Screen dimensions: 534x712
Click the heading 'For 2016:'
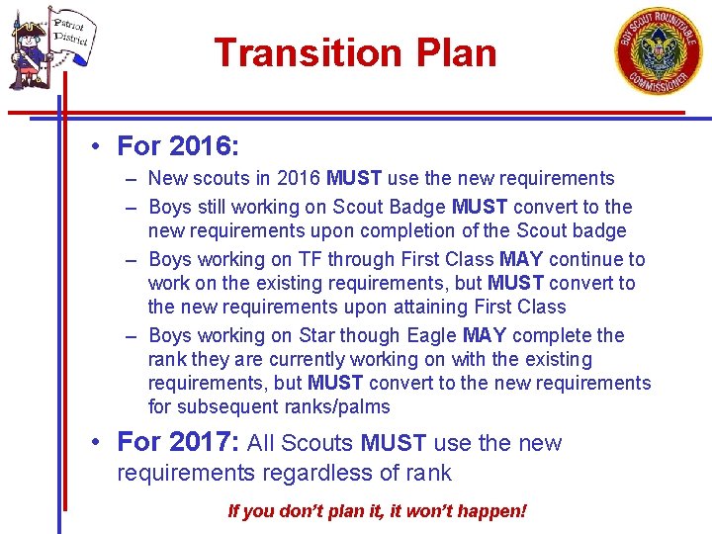point(178,147)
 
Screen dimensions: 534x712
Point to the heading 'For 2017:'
point(178,442)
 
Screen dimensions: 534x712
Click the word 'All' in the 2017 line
point(262,443)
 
